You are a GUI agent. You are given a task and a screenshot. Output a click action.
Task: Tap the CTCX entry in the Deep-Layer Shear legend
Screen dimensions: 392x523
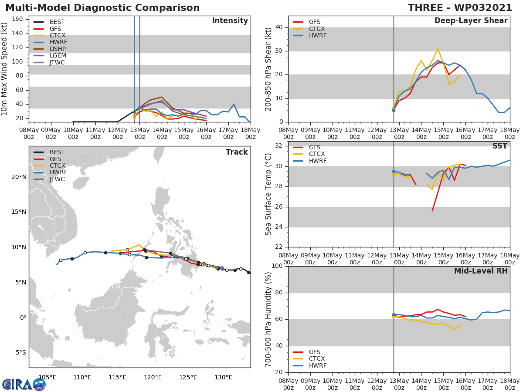point(317,29)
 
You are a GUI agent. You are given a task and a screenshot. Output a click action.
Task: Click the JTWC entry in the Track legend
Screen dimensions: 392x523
point(58,179)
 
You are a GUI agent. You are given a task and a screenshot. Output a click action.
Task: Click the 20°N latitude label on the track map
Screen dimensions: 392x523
point(18,177)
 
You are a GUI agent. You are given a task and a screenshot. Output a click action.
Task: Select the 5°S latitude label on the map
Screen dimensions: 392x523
point(20,352)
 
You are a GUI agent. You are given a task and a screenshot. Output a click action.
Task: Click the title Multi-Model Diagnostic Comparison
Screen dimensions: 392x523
point(102,8)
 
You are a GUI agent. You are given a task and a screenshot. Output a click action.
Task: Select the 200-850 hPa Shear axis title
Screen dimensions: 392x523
point(268,69)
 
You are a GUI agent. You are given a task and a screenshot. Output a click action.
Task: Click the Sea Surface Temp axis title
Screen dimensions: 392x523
point(268,194)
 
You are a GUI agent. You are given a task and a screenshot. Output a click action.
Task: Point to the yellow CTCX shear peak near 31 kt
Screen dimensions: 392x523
point(438,49)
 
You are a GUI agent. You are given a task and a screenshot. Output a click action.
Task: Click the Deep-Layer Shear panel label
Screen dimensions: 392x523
point(471,21)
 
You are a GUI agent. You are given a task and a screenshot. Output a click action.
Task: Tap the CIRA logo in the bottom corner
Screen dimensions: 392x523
point(24,385)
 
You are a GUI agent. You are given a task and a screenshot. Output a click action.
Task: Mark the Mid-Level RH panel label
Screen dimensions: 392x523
point(481,271)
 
